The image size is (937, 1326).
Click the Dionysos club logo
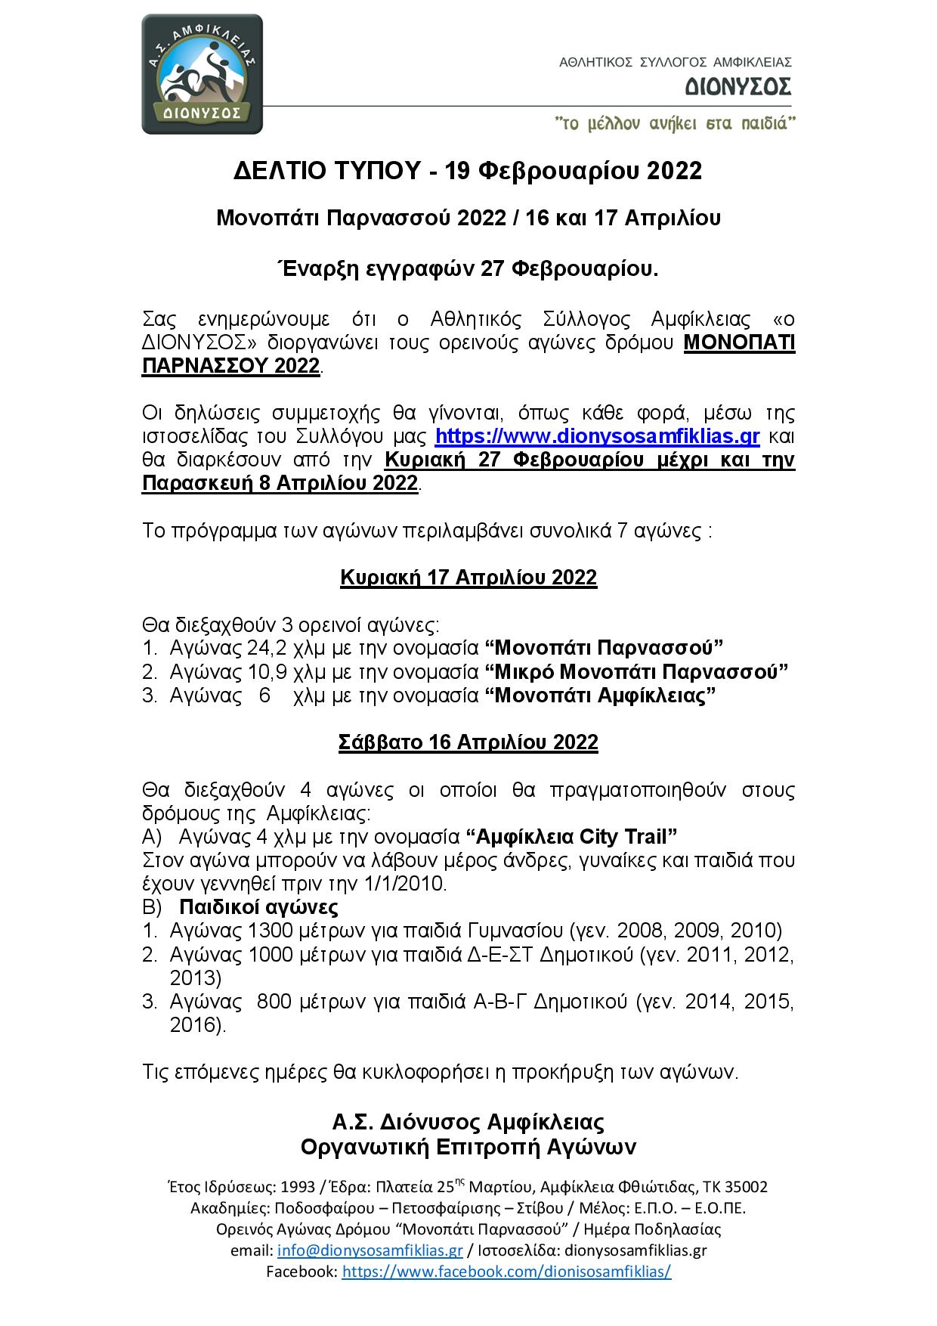coord(202,74)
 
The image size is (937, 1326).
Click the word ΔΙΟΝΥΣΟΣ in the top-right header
coord(738,88)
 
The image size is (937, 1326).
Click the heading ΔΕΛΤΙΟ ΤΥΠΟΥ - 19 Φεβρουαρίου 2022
coord(468,171)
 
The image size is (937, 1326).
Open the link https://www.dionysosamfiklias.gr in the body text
coord(597,436)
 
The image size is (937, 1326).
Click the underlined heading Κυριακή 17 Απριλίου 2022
coord(468,578)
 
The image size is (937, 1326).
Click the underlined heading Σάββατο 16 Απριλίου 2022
coord(468,742)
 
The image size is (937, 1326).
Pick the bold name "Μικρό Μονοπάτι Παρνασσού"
coord(636,671)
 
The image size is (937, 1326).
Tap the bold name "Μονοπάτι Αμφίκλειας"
coord(600,696)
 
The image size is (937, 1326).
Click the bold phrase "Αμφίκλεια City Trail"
coord(571,837)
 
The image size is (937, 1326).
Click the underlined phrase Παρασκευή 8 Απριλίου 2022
coord(280,484)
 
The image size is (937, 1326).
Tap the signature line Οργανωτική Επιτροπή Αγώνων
coord(468,1148)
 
